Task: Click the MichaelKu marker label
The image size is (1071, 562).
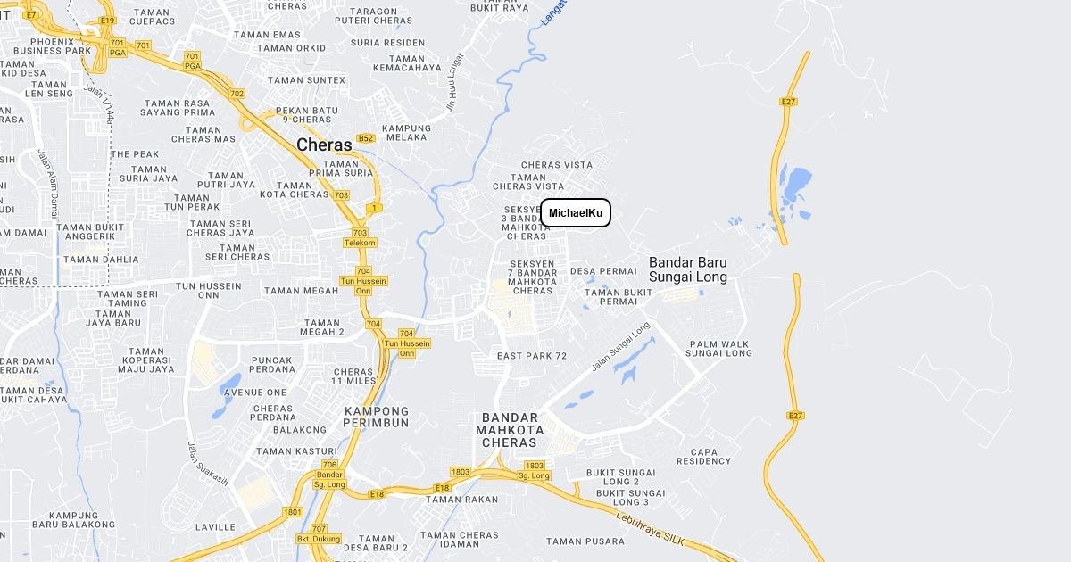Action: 576,213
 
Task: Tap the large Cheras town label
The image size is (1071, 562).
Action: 324,145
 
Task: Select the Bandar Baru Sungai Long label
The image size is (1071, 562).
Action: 688,269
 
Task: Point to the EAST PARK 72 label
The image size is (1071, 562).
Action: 532,356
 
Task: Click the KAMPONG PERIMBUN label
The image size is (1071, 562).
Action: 377,417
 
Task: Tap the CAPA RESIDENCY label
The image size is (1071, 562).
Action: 703,456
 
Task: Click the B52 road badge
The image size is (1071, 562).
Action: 365,138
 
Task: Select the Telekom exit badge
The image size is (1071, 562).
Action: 360,243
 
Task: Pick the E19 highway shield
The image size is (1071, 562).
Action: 108,20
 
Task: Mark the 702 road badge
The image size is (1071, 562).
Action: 237,94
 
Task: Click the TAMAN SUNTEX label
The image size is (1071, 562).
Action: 306,80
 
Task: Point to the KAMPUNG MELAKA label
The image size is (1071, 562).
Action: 406,133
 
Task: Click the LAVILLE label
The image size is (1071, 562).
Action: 215,527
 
